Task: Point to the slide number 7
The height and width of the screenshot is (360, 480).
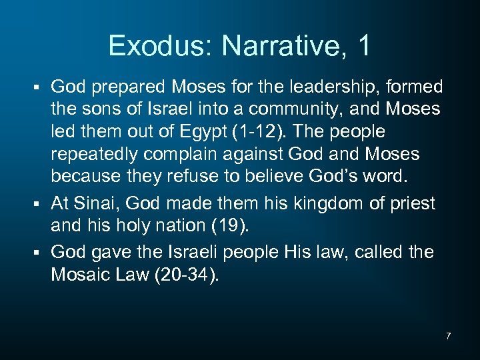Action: (448, 336)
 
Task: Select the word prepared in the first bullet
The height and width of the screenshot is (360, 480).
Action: (131, 87)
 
